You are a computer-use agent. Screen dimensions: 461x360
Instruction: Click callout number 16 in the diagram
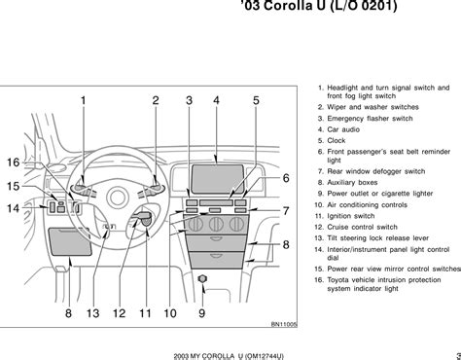(14, 162)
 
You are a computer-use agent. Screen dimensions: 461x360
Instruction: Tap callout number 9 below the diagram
(201, 313)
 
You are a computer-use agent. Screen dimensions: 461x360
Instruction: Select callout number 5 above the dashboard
(256, 100)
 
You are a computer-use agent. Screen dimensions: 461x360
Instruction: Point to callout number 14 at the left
(14, 208)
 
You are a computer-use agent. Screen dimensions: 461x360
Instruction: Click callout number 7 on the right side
(286, 211)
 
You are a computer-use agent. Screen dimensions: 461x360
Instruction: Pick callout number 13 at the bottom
(92, 313)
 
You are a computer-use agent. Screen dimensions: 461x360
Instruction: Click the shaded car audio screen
(218, 179)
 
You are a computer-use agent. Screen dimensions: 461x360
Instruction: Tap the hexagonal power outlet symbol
(202, 279)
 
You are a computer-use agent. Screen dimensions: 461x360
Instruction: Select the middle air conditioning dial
(216, 225)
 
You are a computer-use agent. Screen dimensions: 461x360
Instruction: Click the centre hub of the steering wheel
(118, 198)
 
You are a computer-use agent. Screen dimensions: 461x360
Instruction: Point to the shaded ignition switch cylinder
(147, 220)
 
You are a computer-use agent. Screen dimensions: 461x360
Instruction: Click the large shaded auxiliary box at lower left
(70, 241)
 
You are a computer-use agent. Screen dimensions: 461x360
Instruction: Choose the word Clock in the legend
(337, 140)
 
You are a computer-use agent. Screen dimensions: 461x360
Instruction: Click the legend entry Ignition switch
(351, 216)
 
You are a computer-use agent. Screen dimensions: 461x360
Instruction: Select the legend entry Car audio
(343, 129)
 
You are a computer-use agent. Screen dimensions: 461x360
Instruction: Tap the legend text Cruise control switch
(362, 227)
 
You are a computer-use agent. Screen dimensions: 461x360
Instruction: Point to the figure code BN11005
(284, 324)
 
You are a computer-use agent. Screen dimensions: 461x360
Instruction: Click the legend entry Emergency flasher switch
(370, 119)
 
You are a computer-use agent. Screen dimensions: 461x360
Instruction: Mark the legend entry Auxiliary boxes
(352, 183)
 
